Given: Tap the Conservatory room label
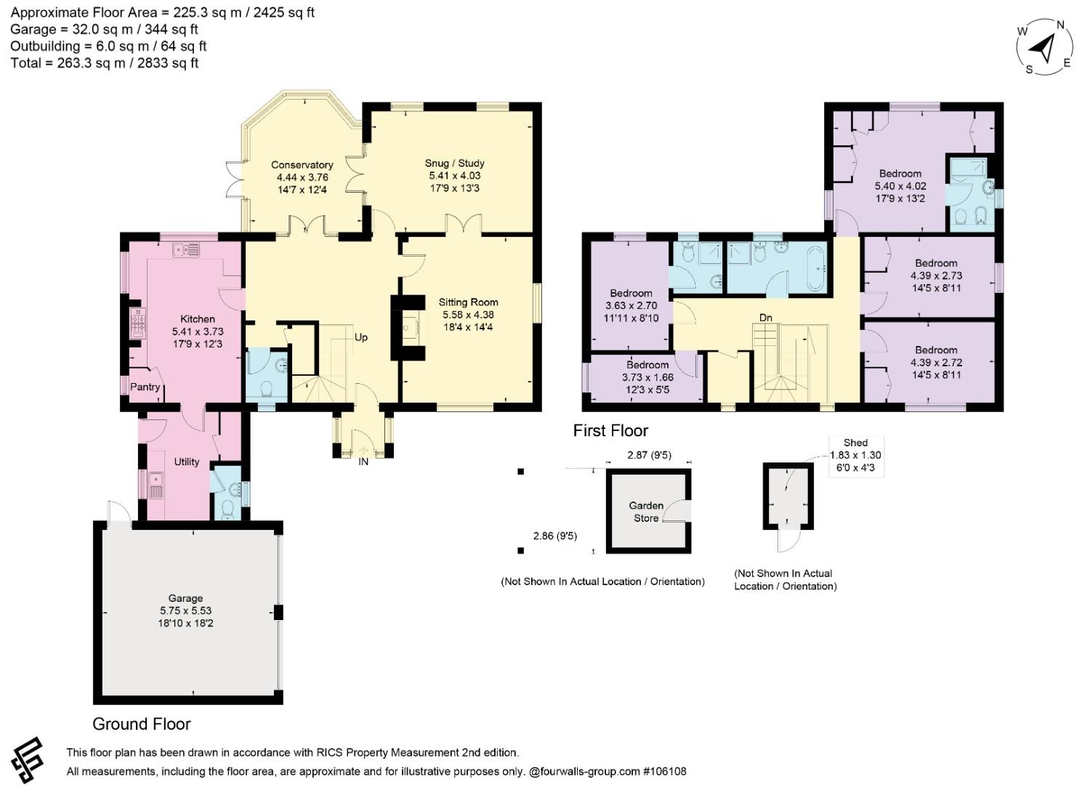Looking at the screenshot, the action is [x=302, y=165].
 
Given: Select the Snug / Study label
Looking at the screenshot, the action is [x=454, y=163].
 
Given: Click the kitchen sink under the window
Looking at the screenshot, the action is [x=186, y=249].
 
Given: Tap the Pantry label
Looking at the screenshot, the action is [x=145, y=387].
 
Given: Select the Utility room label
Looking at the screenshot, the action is [x=186, y=462].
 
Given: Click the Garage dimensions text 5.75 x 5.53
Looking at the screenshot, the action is [x=185, y=611].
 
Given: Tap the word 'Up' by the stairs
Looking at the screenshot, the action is [x=360, y=338].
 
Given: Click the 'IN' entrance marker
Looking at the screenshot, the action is [x=363, y=462].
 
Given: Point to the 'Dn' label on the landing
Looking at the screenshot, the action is [x=765, y=318].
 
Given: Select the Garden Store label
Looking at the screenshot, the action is [x=646, y=512].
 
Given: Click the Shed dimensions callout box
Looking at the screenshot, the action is [x=855, y=456].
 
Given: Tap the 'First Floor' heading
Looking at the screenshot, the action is [x=610, y=431].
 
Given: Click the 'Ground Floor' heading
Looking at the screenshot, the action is [x=142, y=724].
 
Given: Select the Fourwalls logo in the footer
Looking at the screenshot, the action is [x=28, y=761].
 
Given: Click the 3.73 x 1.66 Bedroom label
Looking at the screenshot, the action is [x=647, y=377].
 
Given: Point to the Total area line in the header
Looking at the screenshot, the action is [x=105, y=63].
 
